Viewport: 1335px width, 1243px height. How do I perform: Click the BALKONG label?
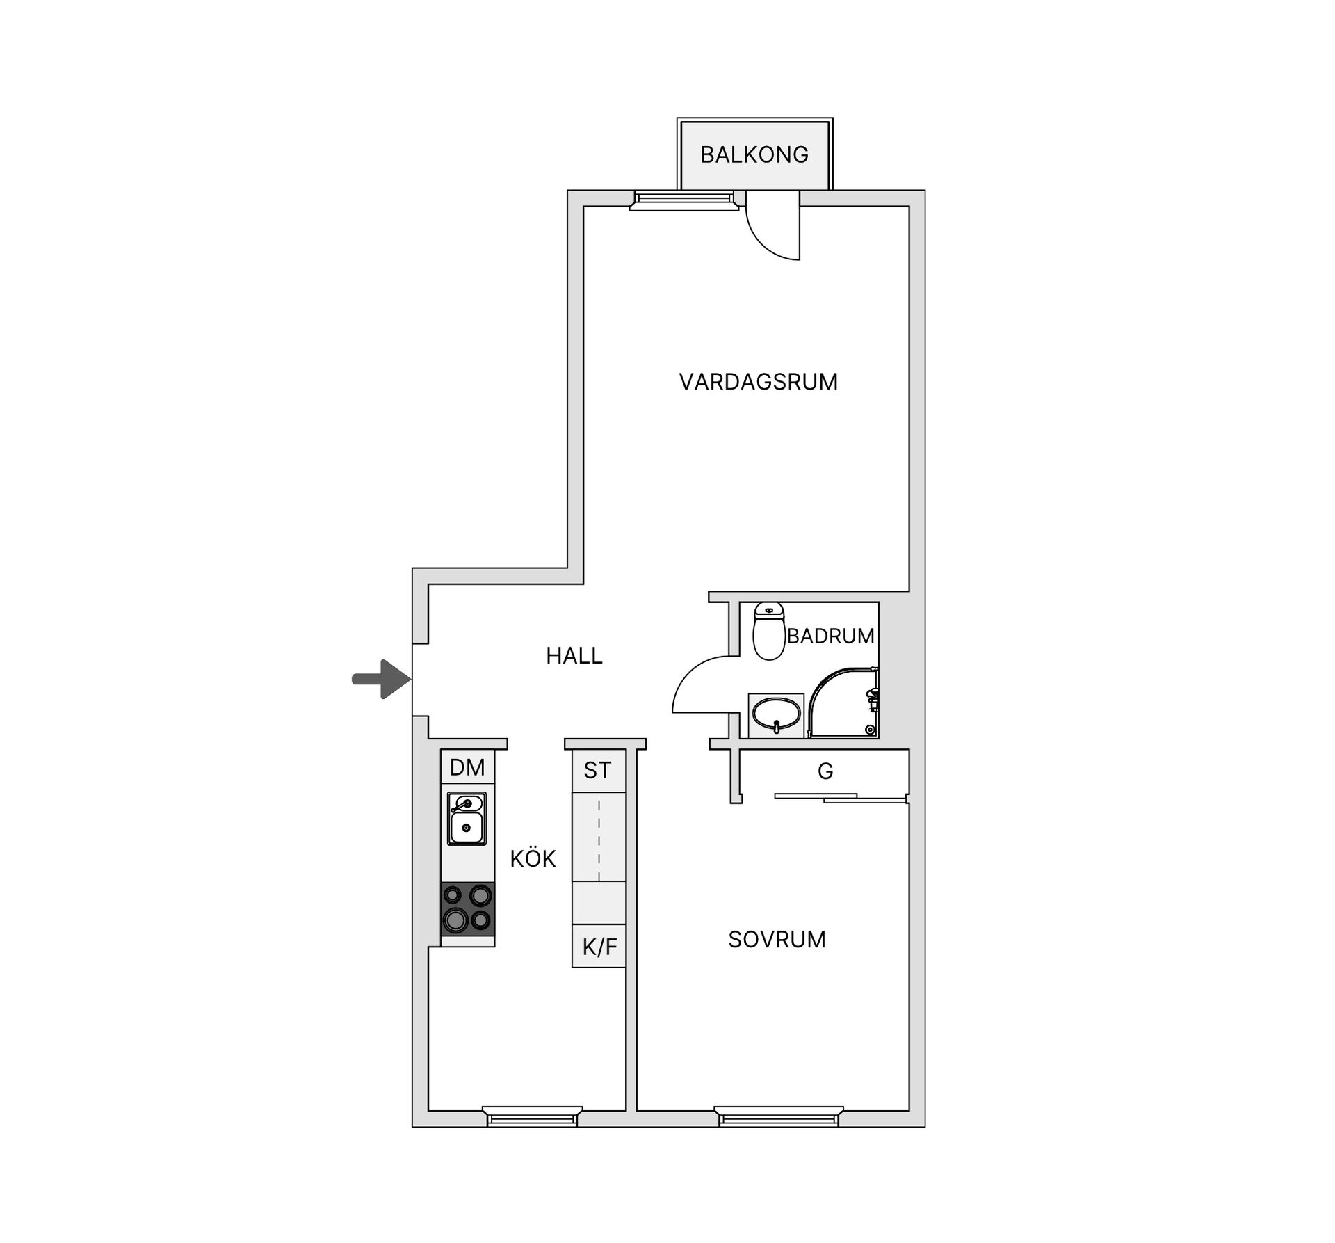coord(754,154)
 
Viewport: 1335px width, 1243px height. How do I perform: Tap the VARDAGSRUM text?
coord(758,382)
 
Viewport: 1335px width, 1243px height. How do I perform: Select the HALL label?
coord(574,656)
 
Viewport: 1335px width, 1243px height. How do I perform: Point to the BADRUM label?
coord(830,636)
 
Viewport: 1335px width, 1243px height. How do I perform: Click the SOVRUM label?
coord(777,940)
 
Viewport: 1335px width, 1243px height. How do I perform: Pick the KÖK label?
coord(533,859)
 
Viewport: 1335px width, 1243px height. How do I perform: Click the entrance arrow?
coord(381,679)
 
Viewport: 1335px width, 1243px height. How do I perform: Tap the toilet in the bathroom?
coord(768,631)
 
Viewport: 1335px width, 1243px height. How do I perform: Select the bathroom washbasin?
coord(776,715)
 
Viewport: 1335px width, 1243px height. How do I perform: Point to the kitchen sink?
coord(467,818)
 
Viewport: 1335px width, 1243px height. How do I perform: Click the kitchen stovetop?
coord(467,909)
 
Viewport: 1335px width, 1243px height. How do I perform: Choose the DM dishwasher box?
coord(467,767)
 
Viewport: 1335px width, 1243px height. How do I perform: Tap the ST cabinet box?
coord(598,770)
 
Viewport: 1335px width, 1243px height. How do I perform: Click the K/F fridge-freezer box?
coord(599,947)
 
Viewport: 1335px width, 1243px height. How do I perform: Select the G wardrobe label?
coord(825,771)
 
